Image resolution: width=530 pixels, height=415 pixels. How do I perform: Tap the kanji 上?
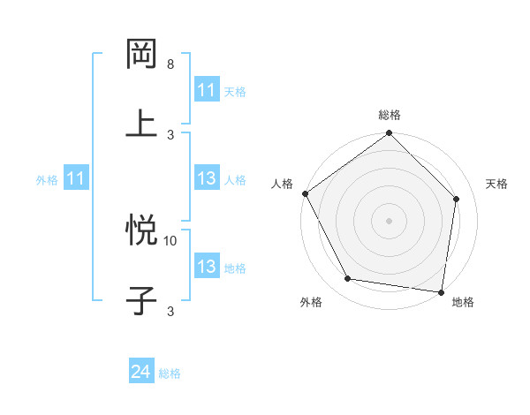click(142, 122)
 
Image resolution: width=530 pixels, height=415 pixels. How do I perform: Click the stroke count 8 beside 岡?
click(170, 64)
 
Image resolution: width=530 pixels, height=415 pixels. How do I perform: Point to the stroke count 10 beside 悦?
click(170, 240)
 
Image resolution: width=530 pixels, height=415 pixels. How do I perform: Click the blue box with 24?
click(141, 373)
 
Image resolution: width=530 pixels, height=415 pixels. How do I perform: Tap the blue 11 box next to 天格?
click(206, 90)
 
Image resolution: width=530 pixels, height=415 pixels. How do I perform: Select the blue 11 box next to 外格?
click(75, 178)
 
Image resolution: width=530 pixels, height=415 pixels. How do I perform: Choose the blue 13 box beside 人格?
click(206, 178)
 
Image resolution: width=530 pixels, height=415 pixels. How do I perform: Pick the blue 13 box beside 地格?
click(206, 267)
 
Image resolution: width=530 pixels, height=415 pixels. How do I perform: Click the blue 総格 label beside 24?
click(170, 373)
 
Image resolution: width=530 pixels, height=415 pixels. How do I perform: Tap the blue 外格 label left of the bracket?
click(47, 179)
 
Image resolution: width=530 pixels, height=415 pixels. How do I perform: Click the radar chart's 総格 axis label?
click(390, 115)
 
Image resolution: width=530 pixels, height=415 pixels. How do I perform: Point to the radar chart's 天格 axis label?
click(496, 184)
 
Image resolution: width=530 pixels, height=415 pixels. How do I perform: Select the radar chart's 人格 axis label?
click(282, 184)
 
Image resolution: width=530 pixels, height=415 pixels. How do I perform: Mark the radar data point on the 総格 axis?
click(390, 134)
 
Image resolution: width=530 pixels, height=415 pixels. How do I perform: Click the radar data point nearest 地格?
click(442, 291)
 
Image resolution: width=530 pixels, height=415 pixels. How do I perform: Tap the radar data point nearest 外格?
click(348, 279)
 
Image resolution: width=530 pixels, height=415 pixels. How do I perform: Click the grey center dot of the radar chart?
click(390, 220)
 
